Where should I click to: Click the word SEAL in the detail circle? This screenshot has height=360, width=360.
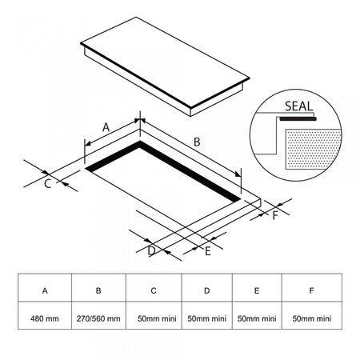[x=298, y=106]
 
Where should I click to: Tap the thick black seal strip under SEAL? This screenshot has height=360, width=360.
[x=298, y=118]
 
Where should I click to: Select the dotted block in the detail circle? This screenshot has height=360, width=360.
[x=314, y=149]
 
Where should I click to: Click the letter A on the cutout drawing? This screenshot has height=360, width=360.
[x=106, y=127]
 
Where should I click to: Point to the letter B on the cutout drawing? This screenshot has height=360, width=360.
[x=197, y=142]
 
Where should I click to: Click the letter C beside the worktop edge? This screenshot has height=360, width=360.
[x=47, y=184]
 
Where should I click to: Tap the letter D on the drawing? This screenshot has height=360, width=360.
[x=151, y=251]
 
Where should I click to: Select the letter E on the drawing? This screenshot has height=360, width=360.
[x=208, y=251]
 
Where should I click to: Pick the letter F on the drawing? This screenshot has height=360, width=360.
[x=275, y=215]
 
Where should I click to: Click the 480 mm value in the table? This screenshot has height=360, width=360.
[x=45, y=318]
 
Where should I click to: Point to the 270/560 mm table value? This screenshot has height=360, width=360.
[x=98, y=318]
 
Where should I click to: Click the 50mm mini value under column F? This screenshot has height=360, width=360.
[x=312, y=318]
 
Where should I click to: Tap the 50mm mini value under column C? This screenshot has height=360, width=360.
[x=157, y=318]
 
